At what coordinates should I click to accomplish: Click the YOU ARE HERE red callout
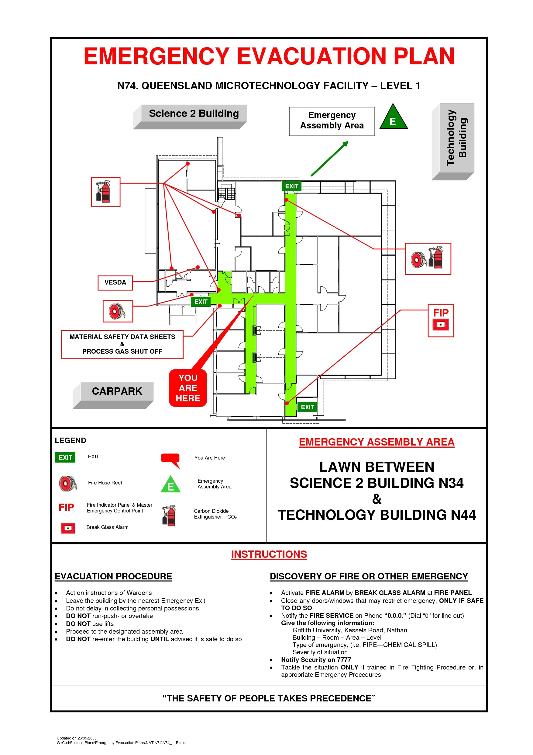tap(187, 388)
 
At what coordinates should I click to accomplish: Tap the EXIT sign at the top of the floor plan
tap(291, 186)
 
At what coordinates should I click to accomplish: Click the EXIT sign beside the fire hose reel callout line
tap(200, 302)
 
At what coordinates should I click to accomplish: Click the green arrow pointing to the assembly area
tap(329, 159)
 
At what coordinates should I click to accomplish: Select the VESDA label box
tap(115, 282)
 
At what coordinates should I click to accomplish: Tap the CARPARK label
tap(117, 391)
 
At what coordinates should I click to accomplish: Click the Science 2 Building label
tap(194, 114)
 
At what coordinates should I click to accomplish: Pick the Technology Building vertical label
tap(456, 138)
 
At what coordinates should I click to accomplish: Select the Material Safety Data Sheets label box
tap(122, 344)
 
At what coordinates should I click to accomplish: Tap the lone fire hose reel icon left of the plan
tap(118, 311)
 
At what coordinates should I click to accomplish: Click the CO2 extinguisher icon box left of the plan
tap(105, 192)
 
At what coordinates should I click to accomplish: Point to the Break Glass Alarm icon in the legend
tap(68, 528)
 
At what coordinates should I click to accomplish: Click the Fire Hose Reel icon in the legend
tap(68, 483)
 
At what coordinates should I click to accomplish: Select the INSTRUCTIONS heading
tap(269, 554)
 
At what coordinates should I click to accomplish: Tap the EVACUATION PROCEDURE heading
tap(113, 576)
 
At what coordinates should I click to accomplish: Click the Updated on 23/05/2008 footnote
tap(77, 738)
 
